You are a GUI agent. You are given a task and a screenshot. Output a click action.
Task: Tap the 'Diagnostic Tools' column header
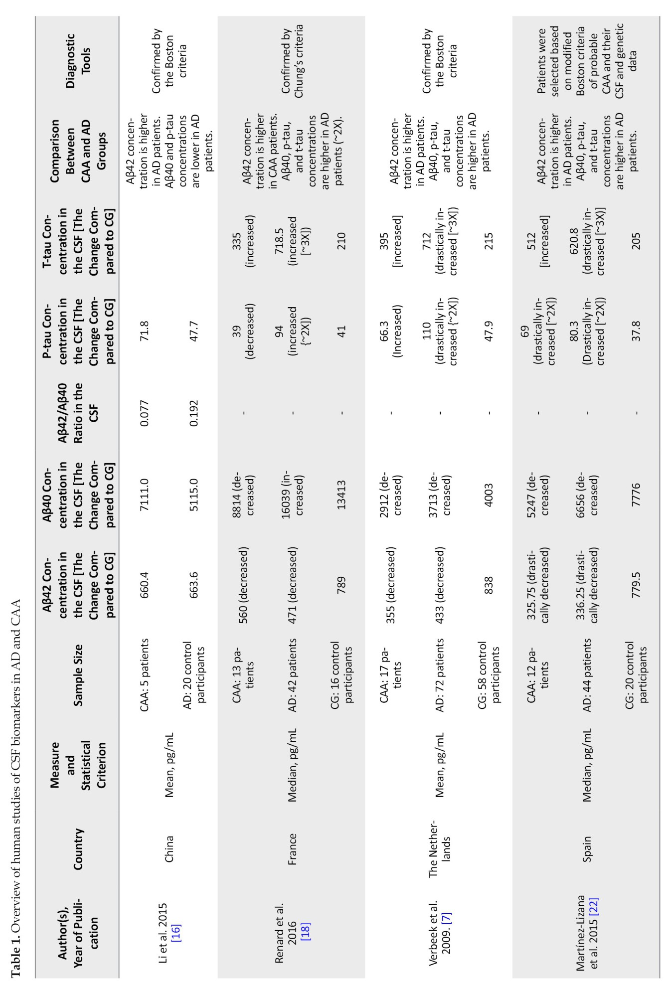pos(78,61)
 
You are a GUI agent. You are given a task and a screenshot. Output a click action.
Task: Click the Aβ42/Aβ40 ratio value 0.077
pos(145,412)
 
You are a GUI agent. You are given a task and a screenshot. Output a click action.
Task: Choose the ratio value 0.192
pos(194,412)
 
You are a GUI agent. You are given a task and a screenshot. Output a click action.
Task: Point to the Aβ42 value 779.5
pos(636,583)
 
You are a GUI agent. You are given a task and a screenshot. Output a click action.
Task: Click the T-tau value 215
pos(489,242)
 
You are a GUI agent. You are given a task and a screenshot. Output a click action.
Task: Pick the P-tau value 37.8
pos(636,332)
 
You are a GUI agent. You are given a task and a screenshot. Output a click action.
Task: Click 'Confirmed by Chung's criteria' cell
pos(292,61)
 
